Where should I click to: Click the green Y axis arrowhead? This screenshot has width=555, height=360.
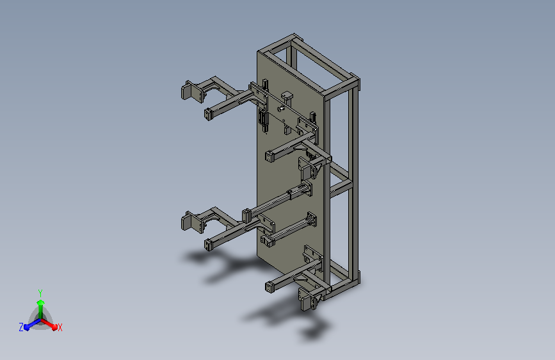tap(40, 303)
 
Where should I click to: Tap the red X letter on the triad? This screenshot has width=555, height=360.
tap(60, 327)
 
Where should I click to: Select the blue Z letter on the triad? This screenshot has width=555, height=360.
tap(21, 327)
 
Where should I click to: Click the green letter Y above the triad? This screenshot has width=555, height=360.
tap(40, 293)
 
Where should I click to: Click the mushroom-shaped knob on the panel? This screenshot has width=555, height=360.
tap(287, 96)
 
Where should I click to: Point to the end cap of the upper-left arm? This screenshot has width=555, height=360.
tap(208, 115)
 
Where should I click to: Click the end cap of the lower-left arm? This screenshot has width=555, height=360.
tap(208, 245)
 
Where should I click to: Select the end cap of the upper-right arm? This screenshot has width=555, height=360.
tap(269, 156)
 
